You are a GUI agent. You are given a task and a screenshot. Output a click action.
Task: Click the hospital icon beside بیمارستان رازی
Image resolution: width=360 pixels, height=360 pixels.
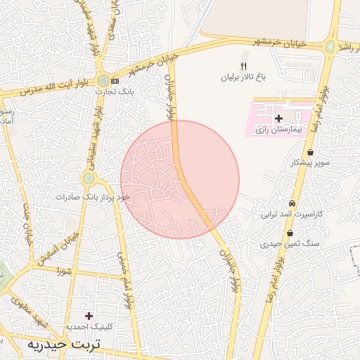pos(279,118)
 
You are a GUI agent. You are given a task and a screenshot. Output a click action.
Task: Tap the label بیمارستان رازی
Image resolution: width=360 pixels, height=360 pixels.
pos(279,131)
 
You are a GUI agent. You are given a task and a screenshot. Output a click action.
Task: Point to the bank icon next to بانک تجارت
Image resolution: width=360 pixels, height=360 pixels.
pos(115,82)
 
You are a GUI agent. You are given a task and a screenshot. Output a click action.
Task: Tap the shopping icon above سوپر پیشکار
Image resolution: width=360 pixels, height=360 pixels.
pos(310,152)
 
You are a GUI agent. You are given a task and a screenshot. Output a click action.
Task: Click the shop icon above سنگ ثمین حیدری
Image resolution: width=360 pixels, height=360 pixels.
pos(290,233)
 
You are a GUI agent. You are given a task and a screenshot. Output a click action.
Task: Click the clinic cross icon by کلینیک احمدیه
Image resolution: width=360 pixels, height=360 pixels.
pos(89,316)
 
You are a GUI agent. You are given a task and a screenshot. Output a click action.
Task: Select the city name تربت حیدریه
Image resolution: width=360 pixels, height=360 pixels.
pos(64,345)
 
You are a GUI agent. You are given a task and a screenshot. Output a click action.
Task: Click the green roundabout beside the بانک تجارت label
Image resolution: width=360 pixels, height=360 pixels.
pos(103,81)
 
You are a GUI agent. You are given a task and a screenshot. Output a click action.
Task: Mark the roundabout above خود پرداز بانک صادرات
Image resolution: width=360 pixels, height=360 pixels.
pos(89,179)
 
